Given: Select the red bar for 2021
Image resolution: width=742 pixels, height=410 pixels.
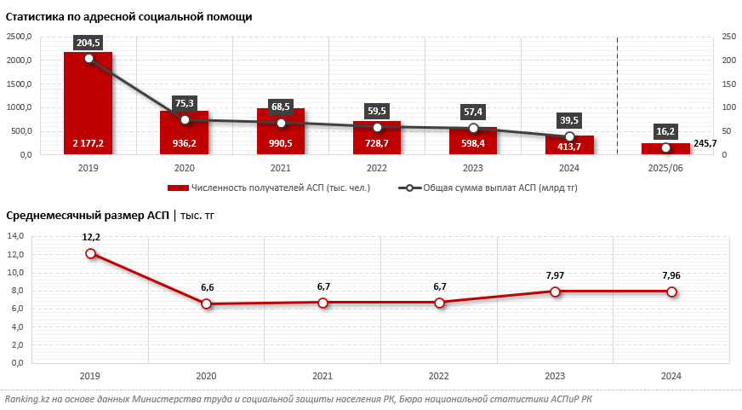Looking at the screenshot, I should [281, 131].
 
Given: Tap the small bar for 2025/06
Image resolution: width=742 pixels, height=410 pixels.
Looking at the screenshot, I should [666, 148].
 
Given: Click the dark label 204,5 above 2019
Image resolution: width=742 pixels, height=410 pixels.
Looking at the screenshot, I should [88, 43].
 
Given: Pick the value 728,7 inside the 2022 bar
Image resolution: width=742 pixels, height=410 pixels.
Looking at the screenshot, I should [377, 144].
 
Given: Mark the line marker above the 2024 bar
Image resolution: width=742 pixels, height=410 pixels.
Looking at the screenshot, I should [570, 136].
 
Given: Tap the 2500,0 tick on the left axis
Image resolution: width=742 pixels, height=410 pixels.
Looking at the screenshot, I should [19, 37].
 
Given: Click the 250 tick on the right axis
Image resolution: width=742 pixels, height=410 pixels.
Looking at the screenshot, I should [729, 37].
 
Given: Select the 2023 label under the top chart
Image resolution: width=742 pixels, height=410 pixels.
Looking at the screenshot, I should [473, 169].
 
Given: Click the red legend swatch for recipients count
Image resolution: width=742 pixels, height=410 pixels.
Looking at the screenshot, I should [177, 188].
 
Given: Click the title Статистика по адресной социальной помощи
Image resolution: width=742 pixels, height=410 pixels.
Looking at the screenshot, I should [128, 16].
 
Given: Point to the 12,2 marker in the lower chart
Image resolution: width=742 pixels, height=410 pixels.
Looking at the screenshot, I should [91, 253].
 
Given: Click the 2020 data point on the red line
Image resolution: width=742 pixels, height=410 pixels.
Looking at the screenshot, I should [207, 303].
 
